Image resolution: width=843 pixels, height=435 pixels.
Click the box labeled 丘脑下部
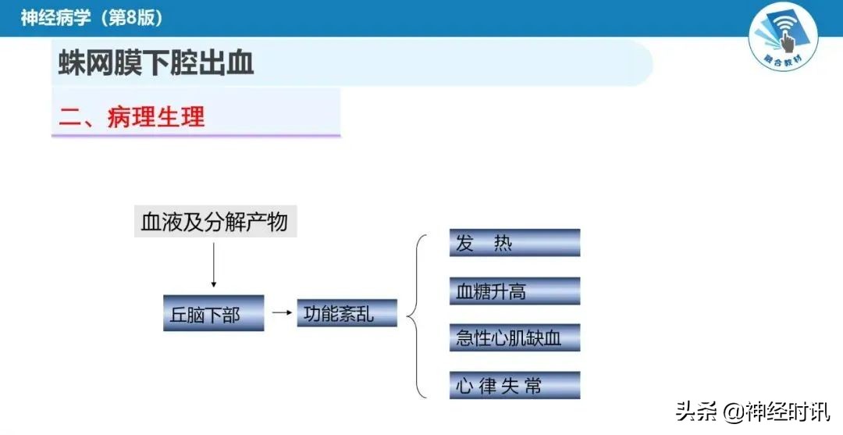pos(213,313)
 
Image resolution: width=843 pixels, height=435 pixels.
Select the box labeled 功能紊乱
pos(347,312)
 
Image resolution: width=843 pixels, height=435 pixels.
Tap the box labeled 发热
pos(514,243)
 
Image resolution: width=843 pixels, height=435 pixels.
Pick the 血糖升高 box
pos(514,291)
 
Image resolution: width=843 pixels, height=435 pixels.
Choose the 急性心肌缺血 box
pos(514,337)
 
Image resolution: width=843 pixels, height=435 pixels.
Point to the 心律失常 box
pos(514,385)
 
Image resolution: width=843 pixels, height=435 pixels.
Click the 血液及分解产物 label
pos(215,222)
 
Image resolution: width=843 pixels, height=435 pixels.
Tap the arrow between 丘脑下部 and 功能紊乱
pos(279,313)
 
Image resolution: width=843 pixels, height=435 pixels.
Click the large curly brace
pos(418,315)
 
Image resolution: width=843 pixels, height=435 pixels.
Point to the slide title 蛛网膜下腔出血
pos(157,63)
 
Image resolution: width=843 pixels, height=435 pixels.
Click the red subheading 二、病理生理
pos(132,116)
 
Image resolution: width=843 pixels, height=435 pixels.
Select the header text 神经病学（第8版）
pos(92,17)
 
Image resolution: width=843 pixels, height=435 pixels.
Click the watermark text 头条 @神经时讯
pos(753,411)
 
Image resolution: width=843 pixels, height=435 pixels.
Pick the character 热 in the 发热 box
pos(503,243)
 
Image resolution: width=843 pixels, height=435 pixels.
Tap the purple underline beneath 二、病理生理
pos(196,136)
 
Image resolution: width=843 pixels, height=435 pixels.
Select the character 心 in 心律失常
pos(465,385)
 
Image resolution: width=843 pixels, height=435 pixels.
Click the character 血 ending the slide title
pos(243,63)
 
